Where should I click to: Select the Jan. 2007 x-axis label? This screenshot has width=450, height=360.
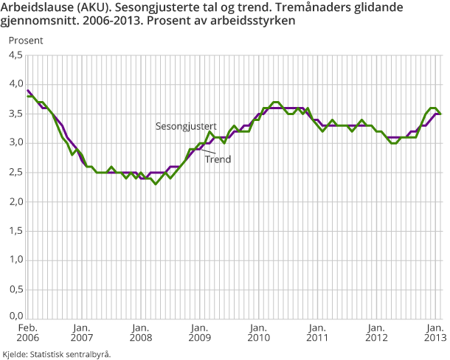pyautogui.click(x=81, y=333)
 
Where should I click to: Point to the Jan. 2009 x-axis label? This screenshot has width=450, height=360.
pyautogui.click(x=198, y=333)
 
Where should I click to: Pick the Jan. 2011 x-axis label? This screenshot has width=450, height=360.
pyautogui.click(x=316, y=333)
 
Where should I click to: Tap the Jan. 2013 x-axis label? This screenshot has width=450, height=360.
pyautogui.click(x=433, y=333)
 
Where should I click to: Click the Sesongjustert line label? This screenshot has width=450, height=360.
pyautogui.click(x=185, y=126)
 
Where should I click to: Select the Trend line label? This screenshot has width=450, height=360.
pyautogui.click(x=218, y=159)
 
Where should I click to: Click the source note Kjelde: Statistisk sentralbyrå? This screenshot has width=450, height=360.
pyautogui.click(x=57, y=354)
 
